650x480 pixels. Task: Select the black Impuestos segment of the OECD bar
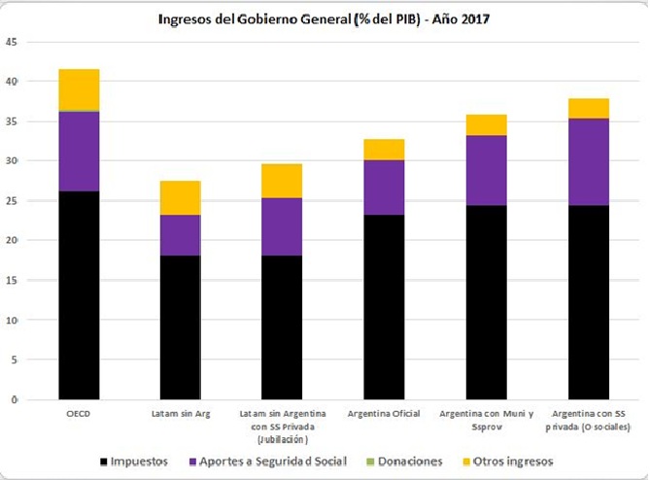(79, 294)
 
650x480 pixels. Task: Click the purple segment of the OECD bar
(79, 152)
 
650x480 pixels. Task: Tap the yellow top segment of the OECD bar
(79, 89)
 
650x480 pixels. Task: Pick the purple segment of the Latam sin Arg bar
(180, 235)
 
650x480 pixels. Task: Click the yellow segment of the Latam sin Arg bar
(180, 197)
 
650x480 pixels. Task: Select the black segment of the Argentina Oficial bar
(384, 306)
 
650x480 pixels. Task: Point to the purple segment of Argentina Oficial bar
(384, 187)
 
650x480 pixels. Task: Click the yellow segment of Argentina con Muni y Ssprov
(485, 124)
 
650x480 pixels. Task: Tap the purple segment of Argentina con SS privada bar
(587, 161)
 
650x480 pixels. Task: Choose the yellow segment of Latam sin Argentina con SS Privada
(282, 181)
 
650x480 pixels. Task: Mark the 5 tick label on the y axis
(14, 360)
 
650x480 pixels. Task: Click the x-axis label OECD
(79, 414)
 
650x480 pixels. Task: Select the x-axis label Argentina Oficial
(384, 414)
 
